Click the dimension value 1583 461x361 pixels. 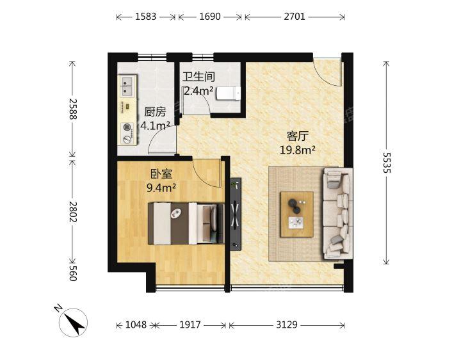(x=145, y=17)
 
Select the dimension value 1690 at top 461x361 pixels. (x=210, y=17)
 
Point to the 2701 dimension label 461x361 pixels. (x=295, y=17)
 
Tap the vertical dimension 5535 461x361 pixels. (x=387, y=163)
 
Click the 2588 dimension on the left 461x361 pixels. (x=73, y=109)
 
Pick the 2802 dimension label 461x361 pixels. (x=73, y=212)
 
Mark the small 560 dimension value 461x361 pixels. (x=73, y=273)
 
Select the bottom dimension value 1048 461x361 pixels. (x=136, y=325)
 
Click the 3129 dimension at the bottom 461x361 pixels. (x=287, y=325)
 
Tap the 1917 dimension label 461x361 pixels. (x=190, y=325)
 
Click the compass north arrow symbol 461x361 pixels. (x=73, y=323)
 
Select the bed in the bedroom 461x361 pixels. (x=186, y=223)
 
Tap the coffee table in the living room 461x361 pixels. (x=296, y=214)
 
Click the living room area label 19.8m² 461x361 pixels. (x=298, y=150)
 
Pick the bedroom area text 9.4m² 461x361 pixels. (x=161, y=188)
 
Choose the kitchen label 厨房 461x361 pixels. (x=155, y=112)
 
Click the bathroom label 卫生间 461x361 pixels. (x=198, y=77)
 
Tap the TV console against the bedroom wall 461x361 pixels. (x=236, y=214)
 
